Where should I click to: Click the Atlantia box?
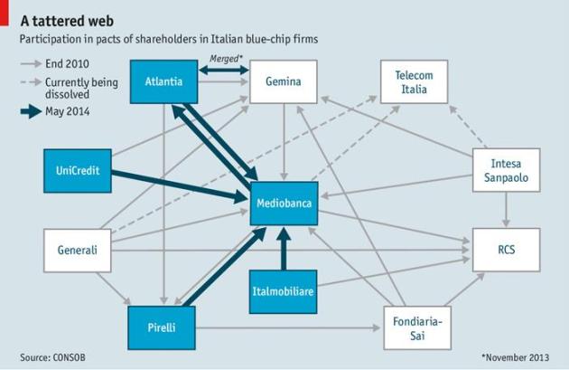(x=163, y=82)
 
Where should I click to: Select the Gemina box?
(x=284, y=82)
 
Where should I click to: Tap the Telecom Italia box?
(x=415, y=82)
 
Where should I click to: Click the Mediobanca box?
(x=284, y=203)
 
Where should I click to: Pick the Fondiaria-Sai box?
(x=415, y=327)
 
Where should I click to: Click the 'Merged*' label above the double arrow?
(x=225, y=59)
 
